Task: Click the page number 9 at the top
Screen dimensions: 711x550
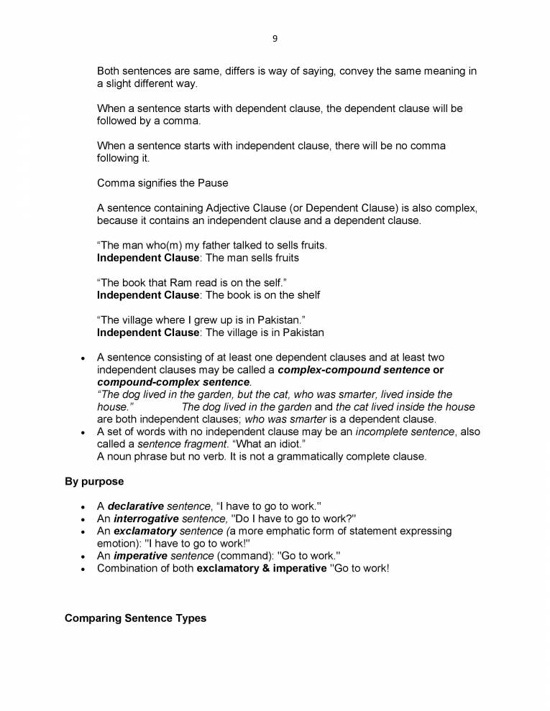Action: pyautogui.click(x=275, y=38)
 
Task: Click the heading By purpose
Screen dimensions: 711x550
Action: pyautogui.click(x=94, y=481)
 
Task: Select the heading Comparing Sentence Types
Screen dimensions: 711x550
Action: pyautogui.click(x=135, y=618)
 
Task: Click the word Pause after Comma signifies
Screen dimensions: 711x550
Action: pyautogui.click(x=212, y=183)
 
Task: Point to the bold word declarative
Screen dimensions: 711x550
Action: pyautogui.click(x=136, y=506)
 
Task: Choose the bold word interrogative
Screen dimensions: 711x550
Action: pyautogui.click(x=146, y=519)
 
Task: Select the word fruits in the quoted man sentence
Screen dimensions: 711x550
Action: pyautogui.click(x=309, y=245)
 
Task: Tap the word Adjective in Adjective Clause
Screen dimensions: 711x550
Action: pyautogui.click(x=208, y=208)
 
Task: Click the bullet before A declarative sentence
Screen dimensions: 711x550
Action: pyautogui.click(x=83, y=507)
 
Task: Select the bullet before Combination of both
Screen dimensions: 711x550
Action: pyautogui.click(x=83, y=569)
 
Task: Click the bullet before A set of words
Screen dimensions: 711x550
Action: pyautogui.click(x=83, y=432)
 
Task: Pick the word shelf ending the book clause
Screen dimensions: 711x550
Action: pyautogui.click(x=308, y=294)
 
